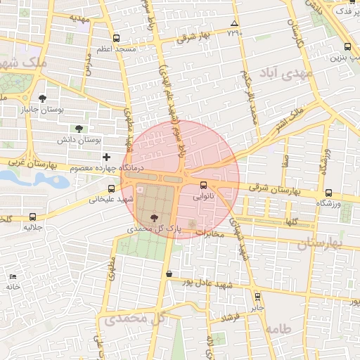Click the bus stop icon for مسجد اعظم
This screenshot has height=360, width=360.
116,39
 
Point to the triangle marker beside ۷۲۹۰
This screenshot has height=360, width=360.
234,24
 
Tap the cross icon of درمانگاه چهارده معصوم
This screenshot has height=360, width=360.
106,156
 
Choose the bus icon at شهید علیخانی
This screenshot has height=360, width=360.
112,188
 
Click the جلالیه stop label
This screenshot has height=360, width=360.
33,227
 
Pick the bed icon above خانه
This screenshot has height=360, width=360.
13,276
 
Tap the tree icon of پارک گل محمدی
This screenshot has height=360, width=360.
155,218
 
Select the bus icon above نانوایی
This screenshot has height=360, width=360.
204,186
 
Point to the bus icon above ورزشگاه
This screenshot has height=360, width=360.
328,193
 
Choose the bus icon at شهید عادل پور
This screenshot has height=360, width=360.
169,274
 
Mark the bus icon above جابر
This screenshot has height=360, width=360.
258,297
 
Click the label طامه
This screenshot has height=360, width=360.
278,328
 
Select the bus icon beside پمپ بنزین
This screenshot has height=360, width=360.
346,48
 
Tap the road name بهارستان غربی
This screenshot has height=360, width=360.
28,163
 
